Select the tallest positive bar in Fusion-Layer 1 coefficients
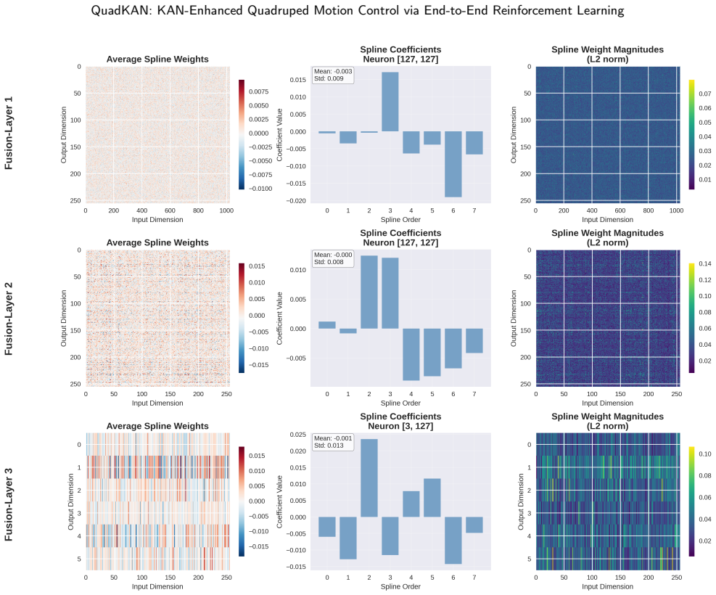(x=390, y=102)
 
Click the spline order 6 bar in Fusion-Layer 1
(x=453, y=165)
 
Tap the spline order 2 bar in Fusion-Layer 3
(x=369, y=478)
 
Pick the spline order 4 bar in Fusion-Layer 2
(x=411, y=354)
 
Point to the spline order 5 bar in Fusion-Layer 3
(x=432, y=498)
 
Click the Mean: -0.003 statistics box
(x=333, y=75)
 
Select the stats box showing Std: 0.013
(x=333, y=442)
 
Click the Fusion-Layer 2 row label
(x=8, y=319)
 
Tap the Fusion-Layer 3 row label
(x=8, y=504)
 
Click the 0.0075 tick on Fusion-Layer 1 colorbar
(x=258, y=91)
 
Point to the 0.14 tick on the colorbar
(x=704, y=263)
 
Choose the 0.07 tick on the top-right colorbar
(x=704, y=94)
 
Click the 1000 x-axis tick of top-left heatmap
(x=226, y=210)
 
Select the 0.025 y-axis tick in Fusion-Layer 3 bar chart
(x=297, y=434)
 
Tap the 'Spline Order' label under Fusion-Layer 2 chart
(x=400, y=403)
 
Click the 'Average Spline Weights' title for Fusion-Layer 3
(x=157, y=426)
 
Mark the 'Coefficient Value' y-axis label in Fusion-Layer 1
(x=280, y=135)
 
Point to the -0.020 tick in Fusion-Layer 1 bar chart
(x=297, y=201)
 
